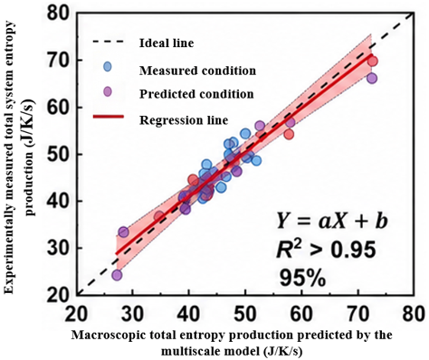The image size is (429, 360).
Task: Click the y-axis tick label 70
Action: pyautogui.click(x=59, y=61)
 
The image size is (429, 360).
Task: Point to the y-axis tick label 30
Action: pyautogui.click(x=59, y=248)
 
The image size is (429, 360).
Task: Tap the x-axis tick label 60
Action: pyautogui.click(x=302, y=314)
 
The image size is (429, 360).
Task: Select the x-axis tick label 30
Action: pyautogui.click(x=132, y=314)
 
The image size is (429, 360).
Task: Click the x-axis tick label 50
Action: pyautogui.click(x=245, y=314)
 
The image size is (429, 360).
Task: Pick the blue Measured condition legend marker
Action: pyautogui.click(x=108, y=67)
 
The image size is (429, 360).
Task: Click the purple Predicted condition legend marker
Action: pyautogui.click(x=108, y=91)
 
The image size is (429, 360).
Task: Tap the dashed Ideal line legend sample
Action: pyautogui.click(x=109, y=42)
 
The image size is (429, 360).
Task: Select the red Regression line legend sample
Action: pyautogui.click(x=109, y=117)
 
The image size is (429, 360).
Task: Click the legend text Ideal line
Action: pyautogui.click(x=167, y=43)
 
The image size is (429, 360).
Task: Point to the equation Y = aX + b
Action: pyautogui.click(x=331, y=223)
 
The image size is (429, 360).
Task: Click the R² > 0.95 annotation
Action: pyautogui.click(x=327, y=251)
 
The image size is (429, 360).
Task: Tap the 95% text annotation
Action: pyautogui.click(x=302, y=278)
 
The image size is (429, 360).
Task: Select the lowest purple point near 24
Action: pyautogui.click(x=117, y=275)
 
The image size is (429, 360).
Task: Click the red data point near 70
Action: pyautogui.click(x=373, y=62)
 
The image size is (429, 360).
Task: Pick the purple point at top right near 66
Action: pyautogui.click(x=372, y=79)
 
